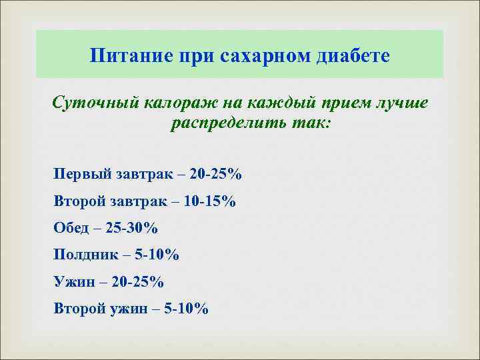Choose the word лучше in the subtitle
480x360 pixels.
tap(398, 105)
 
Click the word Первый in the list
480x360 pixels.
tap(79, 175)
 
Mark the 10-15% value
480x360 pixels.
tap(208, 201)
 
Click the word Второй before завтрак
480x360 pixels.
tap(79, 201)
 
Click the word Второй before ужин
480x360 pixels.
tap(79, 309)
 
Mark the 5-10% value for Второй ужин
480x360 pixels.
tap(187, 309)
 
